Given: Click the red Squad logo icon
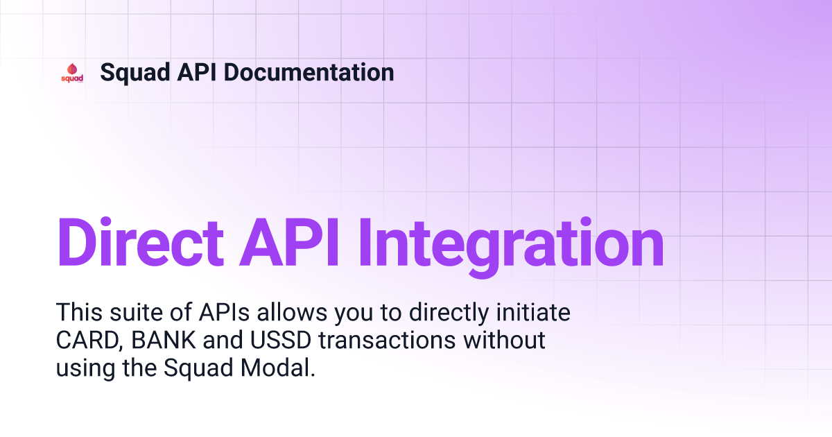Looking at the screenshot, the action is (72, 73).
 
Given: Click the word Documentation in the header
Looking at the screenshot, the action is (309, 72).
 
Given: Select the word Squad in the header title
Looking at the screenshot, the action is (135, 74).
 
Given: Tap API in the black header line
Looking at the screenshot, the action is (197, 72).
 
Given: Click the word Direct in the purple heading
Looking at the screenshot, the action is (140, 242).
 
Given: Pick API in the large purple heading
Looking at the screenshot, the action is (289, 242).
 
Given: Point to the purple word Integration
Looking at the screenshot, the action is (511, 247).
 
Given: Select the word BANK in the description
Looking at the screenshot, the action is (164, 340).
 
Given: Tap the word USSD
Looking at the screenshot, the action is (280, 340).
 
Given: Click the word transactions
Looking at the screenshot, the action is (387, 340).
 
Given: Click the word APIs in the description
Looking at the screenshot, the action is (224, 311).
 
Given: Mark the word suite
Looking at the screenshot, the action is (136, 311).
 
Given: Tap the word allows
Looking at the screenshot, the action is (292, 311).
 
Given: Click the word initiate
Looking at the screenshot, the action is (533, 311).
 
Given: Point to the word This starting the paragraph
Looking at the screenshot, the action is (79, 311).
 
